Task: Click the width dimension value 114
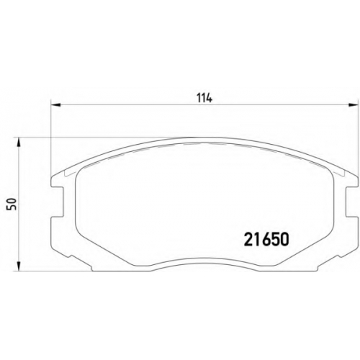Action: [x=204, y=98]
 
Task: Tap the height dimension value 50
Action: [x=12, y=204]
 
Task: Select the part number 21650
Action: [x=266, y=240]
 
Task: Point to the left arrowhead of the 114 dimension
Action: [x=55, y=105]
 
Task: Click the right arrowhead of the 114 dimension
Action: [x=353, y=105]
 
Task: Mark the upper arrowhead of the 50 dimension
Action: [x=19, y=142]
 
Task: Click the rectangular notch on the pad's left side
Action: [x=58, y=201]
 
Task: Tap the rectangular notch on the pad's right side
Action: [x=351, y=201]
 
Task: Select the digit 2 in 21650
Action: [x=248, y=240]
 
